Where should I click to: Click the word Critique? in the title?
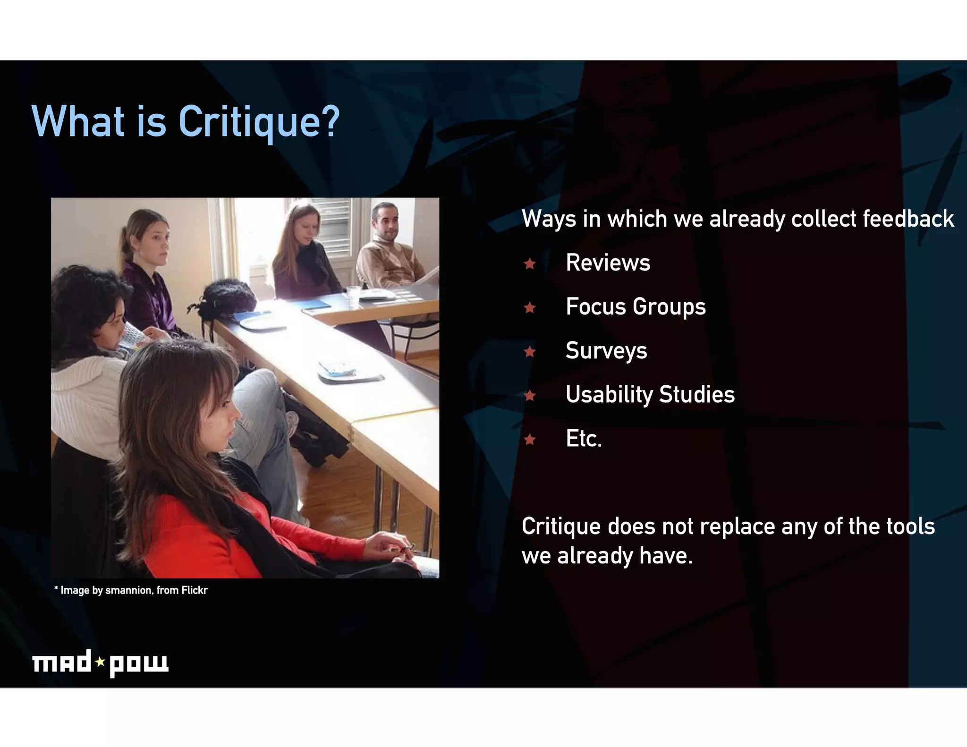pyautogui.click(x=259, y=122)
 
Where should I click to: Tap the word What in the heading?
pyautogui.click(x=78, y=122)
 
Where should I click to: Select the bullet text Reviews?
pyautogui.click(x=608, y=263)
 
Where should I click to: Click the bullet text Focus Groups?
pyautogui.click(x=636, y=306)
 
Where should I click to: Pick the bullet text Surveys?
pyautogui.click(x=606, y=350)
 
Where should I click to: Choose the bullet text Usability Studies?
pyautogui.click(x=650, y=394)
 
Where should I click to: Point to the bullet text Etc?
pyautogui.click(x=584, y=439)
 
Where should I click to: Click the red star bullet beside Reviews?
pyautogui.click(x=530, y=263)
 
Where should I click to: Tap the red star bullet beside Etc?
pyautogui.click(x=530, y=440)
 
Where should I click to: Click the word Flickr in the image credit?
pyautogui.click(x=195, y=590)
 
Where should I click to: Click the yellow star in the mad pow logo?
pyautogui.click(x=100, y=662)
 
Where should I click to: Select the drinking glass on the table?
pyautogui.click(x=353, y=296)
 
